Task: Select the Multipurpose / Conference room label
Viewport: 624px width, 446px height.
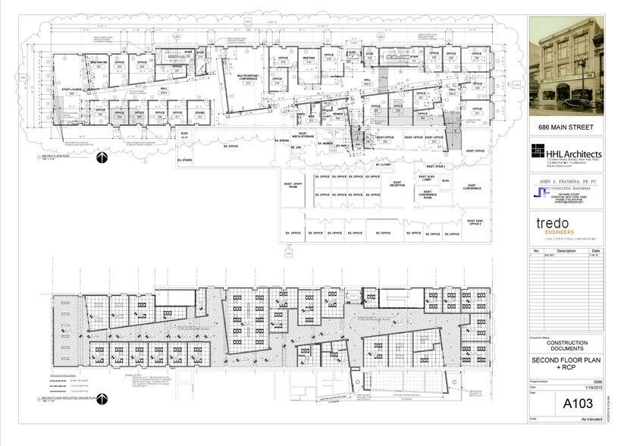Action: [x=248, y=79]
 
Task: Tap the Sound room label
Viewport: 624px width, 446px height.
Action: [x=199, y=113]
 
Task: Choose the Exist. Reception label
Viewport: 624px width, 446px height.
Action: [x=397, y=184]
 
